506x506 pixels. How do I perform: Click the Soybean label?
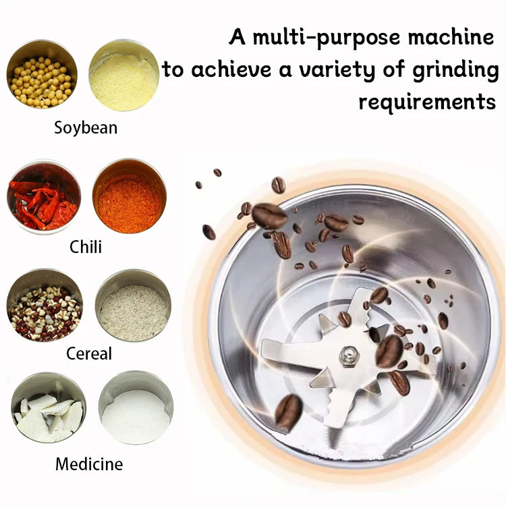86,128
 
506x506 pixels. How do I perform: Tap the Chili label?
86,247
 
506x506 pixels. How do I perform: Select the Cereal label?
89,354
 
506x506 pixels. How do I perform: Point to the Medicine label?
89,464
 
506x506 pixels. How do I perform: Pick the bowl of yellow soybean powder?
123,75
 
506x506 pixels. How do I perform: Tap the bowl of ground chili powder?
129,196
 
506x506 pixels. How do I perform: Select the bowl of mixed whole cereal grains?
45,310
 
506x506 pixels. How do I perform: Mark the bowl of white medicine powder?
136,412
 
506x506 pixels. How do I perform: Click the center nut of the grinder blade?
349,356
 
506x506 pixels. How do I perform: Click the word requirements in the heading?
427,102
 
